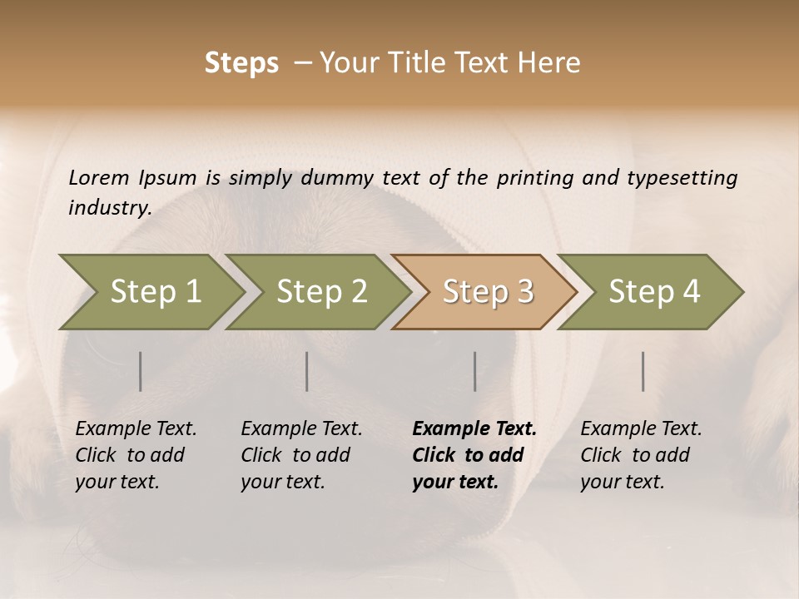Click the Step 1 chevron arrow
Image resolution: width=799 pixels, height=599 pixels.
154,292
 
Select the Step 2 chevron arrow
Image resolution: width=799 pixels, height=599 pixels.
321,292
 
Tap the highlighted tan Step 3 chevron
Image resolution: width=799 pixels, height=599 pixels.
488,292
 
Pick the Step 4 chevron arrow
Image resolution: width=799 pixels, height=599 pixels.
654,292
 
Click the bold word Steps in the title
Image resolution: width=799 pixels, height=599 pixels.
241,63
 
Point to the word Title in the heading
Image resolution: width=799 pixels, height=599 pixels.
413,63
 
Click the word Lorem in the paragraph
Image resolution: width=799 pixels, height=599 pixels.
98,178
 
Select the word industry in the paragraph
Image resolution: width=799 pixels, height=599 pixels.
109,208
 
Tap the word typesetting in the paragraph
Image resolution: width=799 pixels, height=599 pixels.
682,178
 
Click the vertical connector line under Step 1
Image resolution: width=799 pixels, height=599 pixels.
141,371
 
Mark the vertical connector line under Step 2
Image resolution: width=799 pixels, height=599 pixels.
307,371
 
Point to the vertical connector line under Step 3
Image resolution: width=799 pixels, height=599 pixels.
474,371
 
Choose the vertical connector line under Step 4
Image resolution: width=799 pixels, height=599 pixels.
643,371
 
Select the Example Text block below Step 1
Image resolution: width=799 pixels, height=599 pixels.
136,455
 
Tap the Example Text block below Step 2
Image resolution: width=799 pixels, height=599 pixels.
301,455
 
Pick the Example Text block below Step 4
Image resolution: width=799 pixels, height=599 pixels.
641,455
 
